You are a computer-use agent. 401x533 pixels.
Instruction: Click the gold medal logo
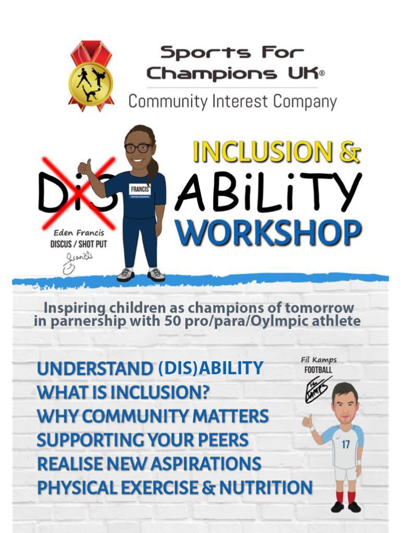click(x=91, y=76)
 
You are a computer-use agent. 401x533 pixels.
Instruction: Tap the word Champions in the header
click(x=211, y=74)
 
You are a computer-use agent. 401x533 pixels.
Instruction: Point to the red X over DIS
click(x=79, y=193)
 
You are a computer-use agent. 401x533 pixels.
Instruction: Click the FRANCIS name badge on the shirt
click(x=140, y=189)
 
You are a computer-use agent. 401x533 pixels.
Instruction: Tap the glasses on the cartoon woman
click(x=139, y=148)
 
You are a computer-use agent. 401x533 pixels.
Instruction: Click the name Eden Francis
click(x=79, y=233)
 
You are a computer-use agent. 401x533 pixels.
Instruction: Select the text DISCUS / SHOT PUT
click(x=78, y=244)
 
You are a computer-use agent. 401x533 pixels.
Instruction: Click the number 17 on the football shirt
click(x=346, y=444)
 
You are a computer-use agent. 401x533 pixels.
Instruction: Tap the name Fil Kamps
click(x=319, y=360)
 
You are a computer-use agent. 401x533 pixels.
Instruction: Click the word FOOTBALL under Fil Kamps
click(x=318, y=370)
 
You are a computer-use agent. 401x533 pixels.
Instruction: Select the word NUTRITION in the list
click(x=266, y=488)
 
